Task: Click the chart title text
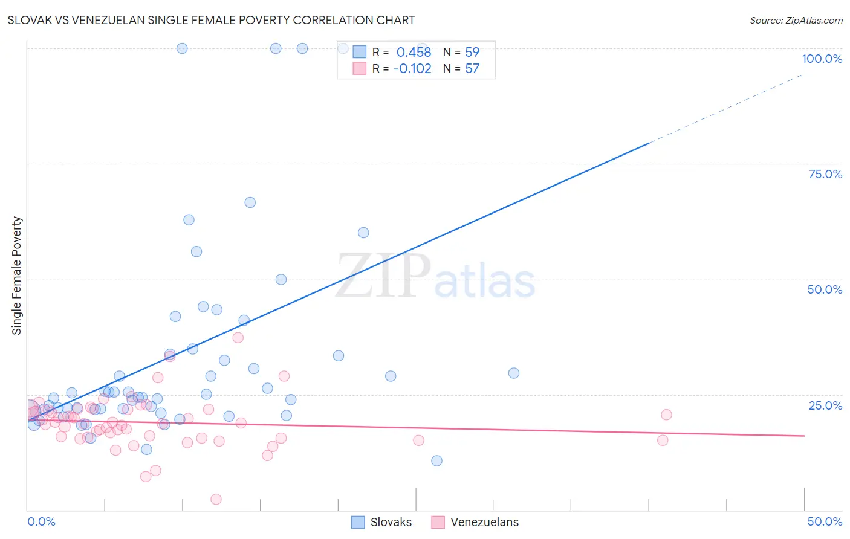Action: click(211, 20)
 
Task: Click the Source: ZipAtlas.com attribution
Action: click(796, 21)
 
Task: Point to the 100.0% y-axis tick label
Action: click(822, 59)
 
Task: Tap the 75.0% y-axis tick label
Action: click(825, 174)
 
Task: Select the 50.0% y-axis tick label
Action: click(825, 289)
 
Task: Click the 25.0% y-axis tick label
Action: click(825, 405)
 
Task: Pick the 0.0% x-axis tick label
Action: click(41, 521)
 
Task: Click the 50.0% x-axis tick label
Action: click(825, 521)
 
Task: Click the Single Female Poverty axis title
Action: click(17, 276)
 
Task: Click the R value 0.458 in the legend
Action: click(414, 53)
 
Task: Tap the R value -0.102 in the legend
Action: click(412, 69)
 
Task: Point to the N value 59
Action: click(472, 53)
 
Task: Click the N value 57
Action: click(472, 69)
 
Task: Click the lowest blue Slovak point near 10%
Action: click(436, 460)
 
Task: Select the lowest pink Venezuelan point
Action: click(216, 499)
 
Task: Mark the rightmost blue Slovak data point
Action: click(514, 373)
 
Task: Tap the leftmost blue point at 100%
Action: click(182, 48)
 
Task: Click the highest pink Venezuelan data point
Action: click(238, 338)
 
